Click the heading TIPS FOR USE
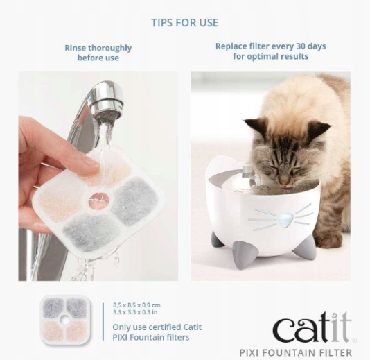[185, 23]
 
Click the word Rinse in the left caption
[76, 48]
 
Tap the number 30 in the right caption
[301, 46]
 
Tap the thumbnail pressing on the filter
[89, 166]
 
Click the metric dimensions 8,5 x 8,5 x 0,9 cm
[136, 305]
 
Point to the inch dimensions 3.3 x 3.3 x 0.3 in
[135, 312]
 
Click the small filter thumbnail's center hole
[66, 320]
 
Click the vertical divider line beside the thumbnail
[103, 321]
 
